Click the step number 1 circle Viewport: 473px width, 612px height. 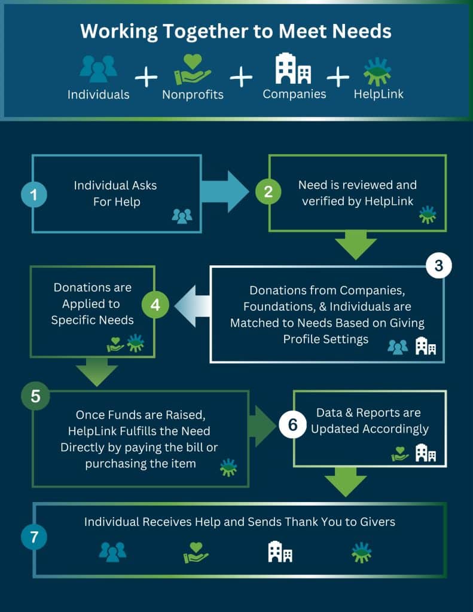point(34,194)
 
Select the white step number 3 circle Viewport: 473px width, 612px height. point(438,267)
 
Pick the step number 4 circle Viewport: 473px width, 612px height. point(155,305)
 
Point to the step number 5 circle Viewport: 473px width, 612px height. point(35,397)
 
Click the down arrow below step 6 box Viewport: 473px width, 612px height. point(345,481)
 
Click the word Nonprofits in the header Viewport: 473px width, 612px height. point(193,94)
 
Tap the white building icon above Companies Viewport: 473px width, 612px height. point(293,69)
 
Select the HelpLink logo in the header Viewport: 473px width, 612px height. point(378,72)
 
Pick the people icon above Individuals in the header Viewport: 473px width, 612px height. point(98,69)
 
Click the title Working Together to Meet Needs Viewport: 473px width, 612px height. point(236,32)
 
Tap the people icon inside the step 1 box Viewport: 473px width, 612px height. point(182,216)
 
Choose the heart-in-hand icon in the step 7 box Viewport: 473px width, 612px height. point(196,553)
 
